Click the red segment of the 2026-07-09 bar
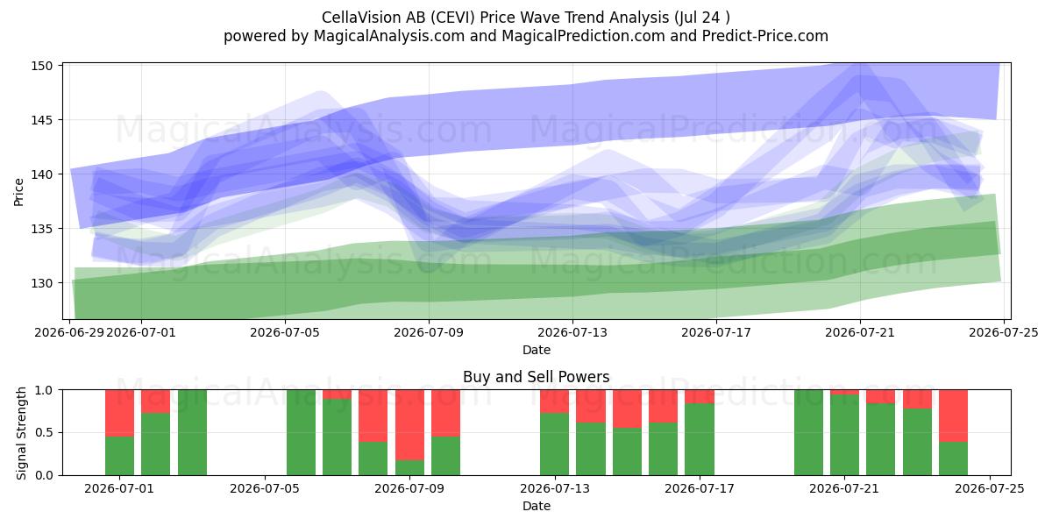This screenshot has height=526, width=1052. (409, 424)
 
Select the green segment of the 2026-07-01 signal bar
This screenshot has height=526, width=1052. (119, 456)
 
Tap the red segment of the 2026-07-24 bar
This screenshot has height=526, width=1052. (954, 416)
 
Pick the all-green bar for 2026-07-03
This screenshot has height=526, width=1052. (192, 432)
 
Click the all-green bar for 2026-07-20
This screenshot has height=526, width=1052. (808, 432)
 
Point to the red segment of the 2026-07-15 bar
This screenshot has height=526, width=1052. (627, 409)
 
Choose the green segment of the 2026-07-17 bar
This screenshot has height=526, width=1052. (700, 439)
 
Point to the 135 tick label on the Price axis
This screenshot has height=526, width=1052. (42, 229)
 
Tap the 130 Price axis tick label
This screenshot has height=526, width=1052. (42, 283)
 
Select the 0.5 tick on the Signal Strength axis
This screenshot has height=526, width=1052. (44, 432)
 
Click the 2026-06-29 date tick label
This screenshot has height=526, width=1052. (69, 332)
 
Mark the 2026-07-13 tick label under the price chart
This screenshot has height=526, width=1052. (572, 332)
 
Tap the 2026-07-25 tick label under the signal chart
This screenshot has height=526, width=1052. (990, 488)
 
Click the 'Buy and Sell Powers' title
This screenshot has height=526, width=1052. (537, 377)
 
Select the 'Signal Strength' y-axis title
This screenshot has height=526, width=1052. (21, 433)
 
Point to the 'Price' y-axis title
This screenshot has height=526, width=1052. (18, 192)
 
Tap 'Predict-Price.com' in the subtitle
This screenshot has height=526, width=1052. (765, 36)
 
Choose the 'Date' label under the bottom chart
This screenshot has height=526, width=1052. (537, 506)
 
